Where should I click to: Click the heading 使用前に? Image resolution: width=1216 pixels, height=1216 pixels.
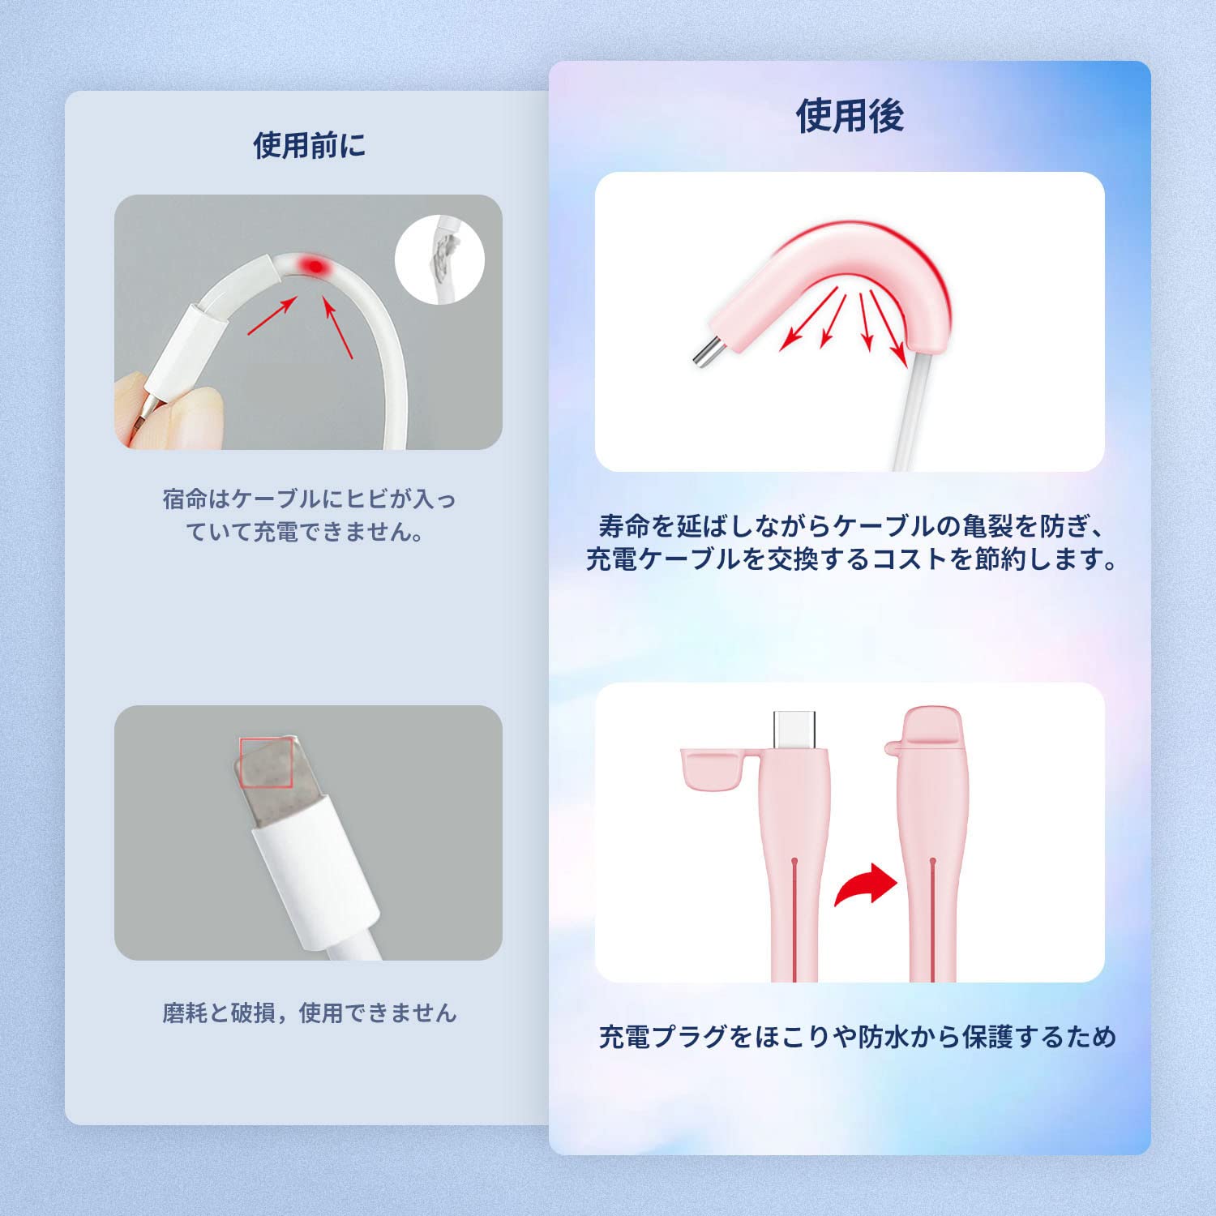309,146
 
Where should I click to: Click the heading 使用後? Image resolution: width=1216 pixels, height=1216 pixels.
850,116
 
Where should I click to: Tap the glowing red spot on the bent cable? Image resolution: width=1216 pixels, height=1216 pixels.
312,266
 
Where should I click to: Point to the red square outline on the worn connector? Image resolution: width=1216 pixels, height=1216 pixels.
266,762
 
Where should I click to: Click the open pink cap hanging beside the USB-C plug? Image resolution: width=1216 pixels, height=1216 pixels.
712,770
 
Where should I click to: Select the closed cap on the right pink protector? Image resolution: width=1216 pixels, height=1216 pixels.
932,730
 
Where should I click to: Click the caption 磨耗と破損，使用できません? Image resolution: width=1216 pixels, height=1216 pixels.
309,1013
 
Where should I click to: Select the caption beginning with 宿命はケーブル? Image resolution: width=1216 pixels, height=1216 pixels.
309,515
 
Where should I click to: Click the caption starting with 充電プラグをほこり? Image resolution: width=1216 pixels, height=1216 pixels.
858,1037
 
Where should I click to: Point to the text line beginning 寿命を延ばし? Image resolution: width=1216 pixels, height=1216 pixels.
851,527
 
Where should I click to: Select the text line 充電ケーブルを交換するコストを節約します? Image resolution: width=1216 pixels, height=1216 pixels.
851,559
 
